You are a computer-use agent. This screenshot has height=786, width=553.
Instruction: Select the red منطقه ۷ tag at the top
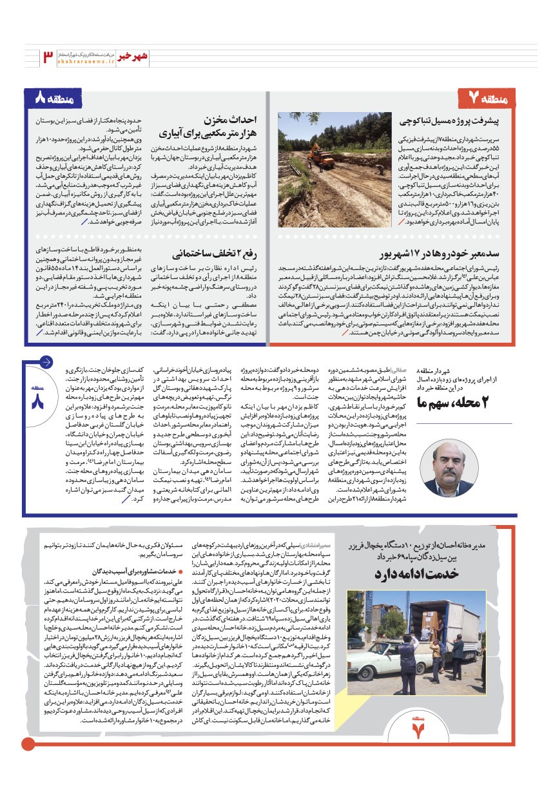494,99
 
